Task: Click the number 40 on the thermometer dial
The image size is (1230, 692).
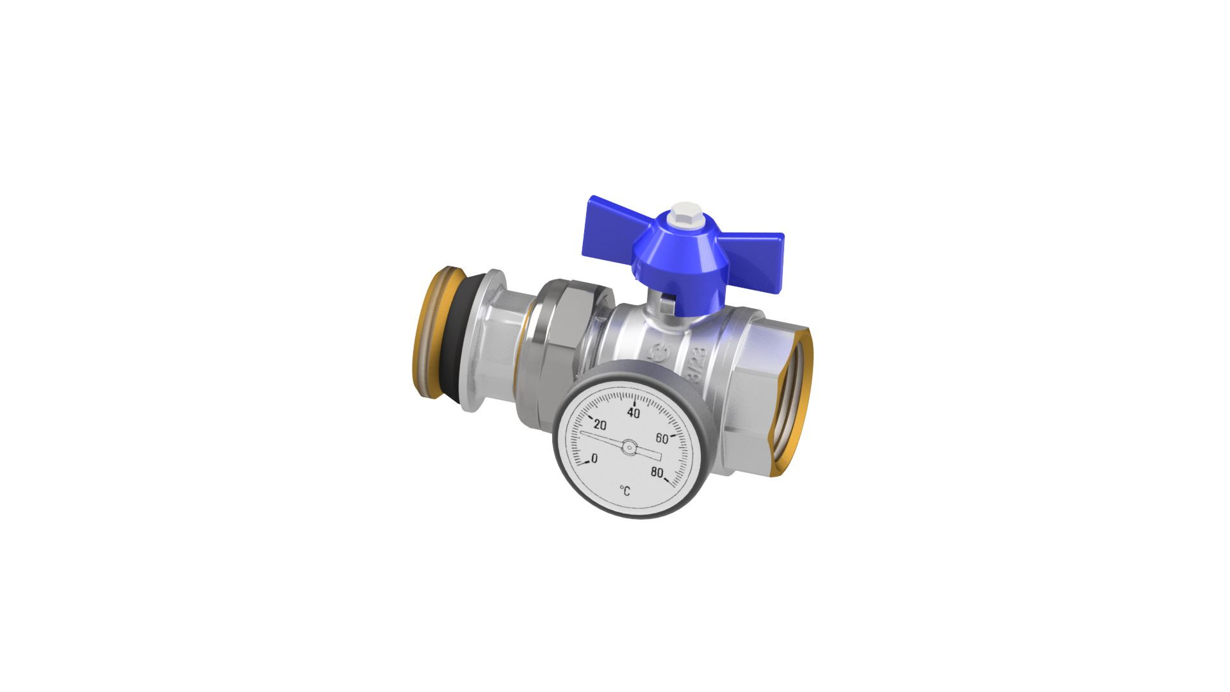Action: click(634, 413)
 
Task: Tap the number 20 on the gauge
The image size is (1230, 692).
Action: click(600, 425)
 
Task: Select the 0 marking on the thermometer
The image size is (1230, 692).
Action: click(594, 458)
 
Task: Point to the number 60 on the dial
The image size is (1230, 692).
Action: click(662, 438)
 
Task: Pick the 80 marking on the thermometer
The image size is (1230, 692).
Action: click(657, 472)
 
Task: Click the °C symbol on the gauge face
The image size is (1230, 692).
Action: click(625, 491)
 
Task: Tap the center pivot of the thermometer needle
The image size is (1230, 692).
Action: click(629, 447)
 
